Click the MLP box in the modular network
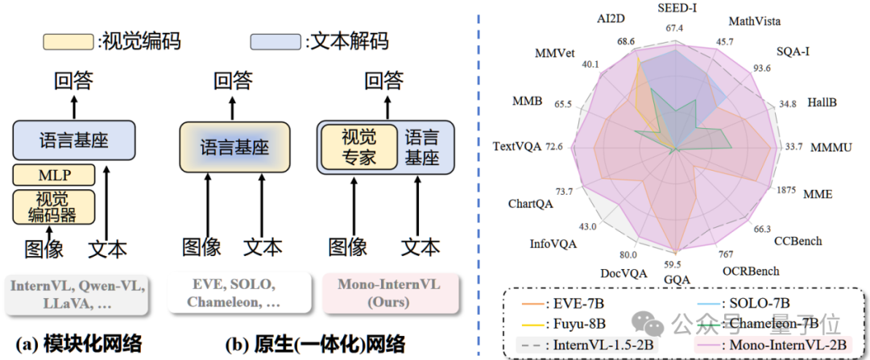pos(54,175)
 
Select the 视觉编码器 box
pos(54,206)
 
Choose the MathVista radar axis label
pos(753,20)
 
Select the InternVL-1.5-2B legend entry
pos(592,345)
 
